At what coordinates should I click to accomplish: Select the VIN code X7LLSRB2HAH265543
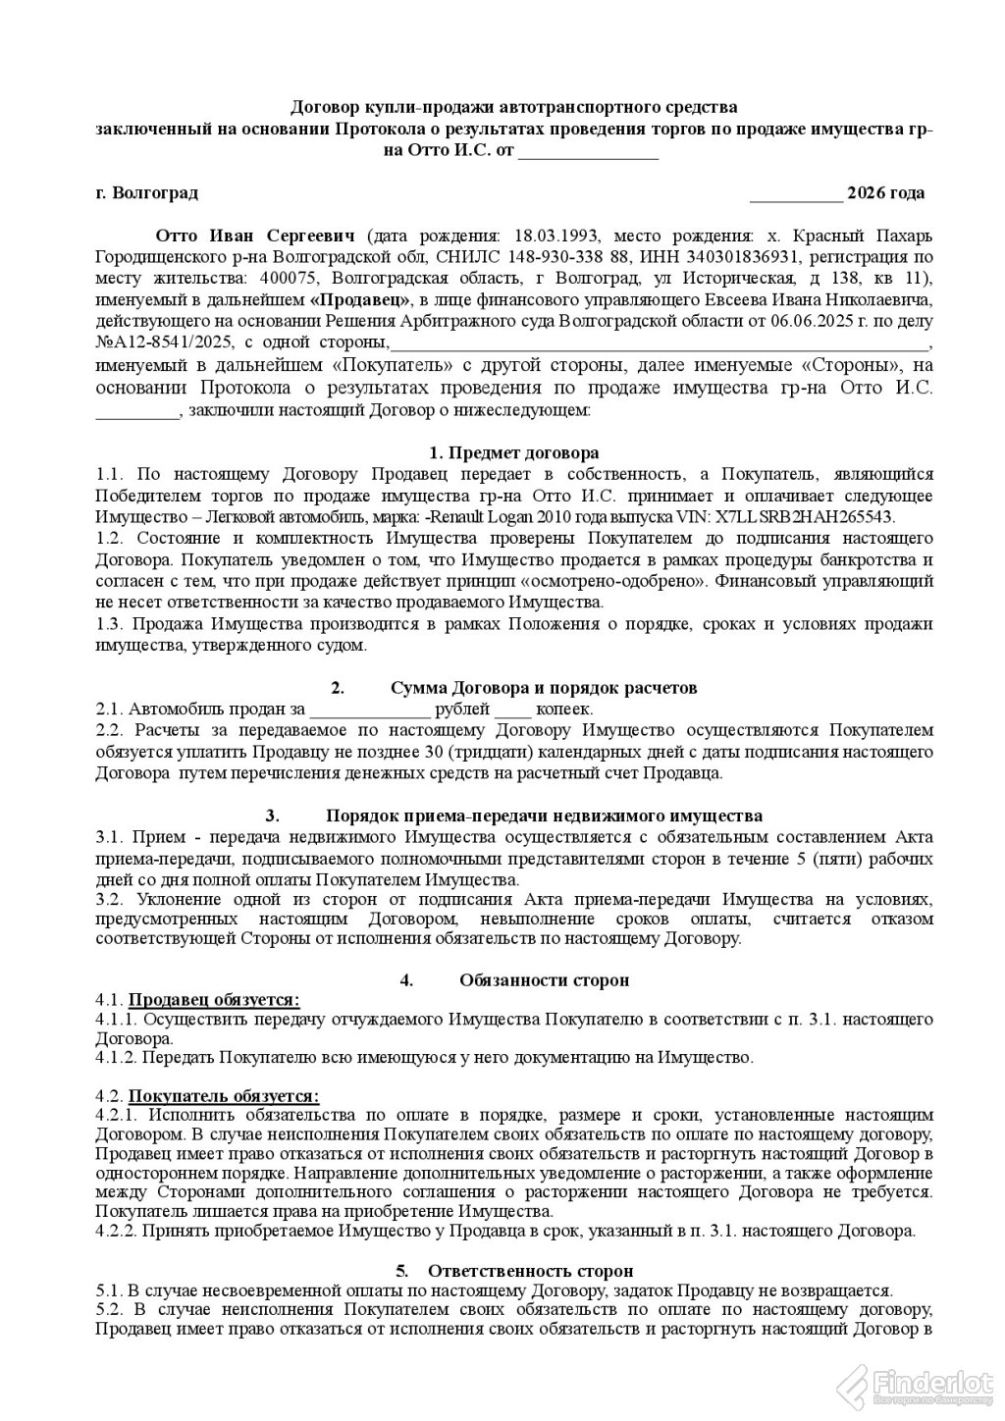pos(806,517)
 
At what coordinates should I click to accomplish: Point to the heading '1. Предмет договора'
pos(514,453)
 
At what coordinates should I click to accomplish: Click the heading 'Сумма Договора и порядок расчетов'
pos(544,688)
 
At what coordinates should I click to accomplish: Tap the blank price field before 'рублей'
pos(369,710)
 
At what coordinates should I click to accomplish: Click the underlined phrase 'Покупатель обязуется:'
pos(224,1096)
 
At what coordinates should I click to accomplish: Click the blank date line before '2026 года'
pos(795,193)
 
